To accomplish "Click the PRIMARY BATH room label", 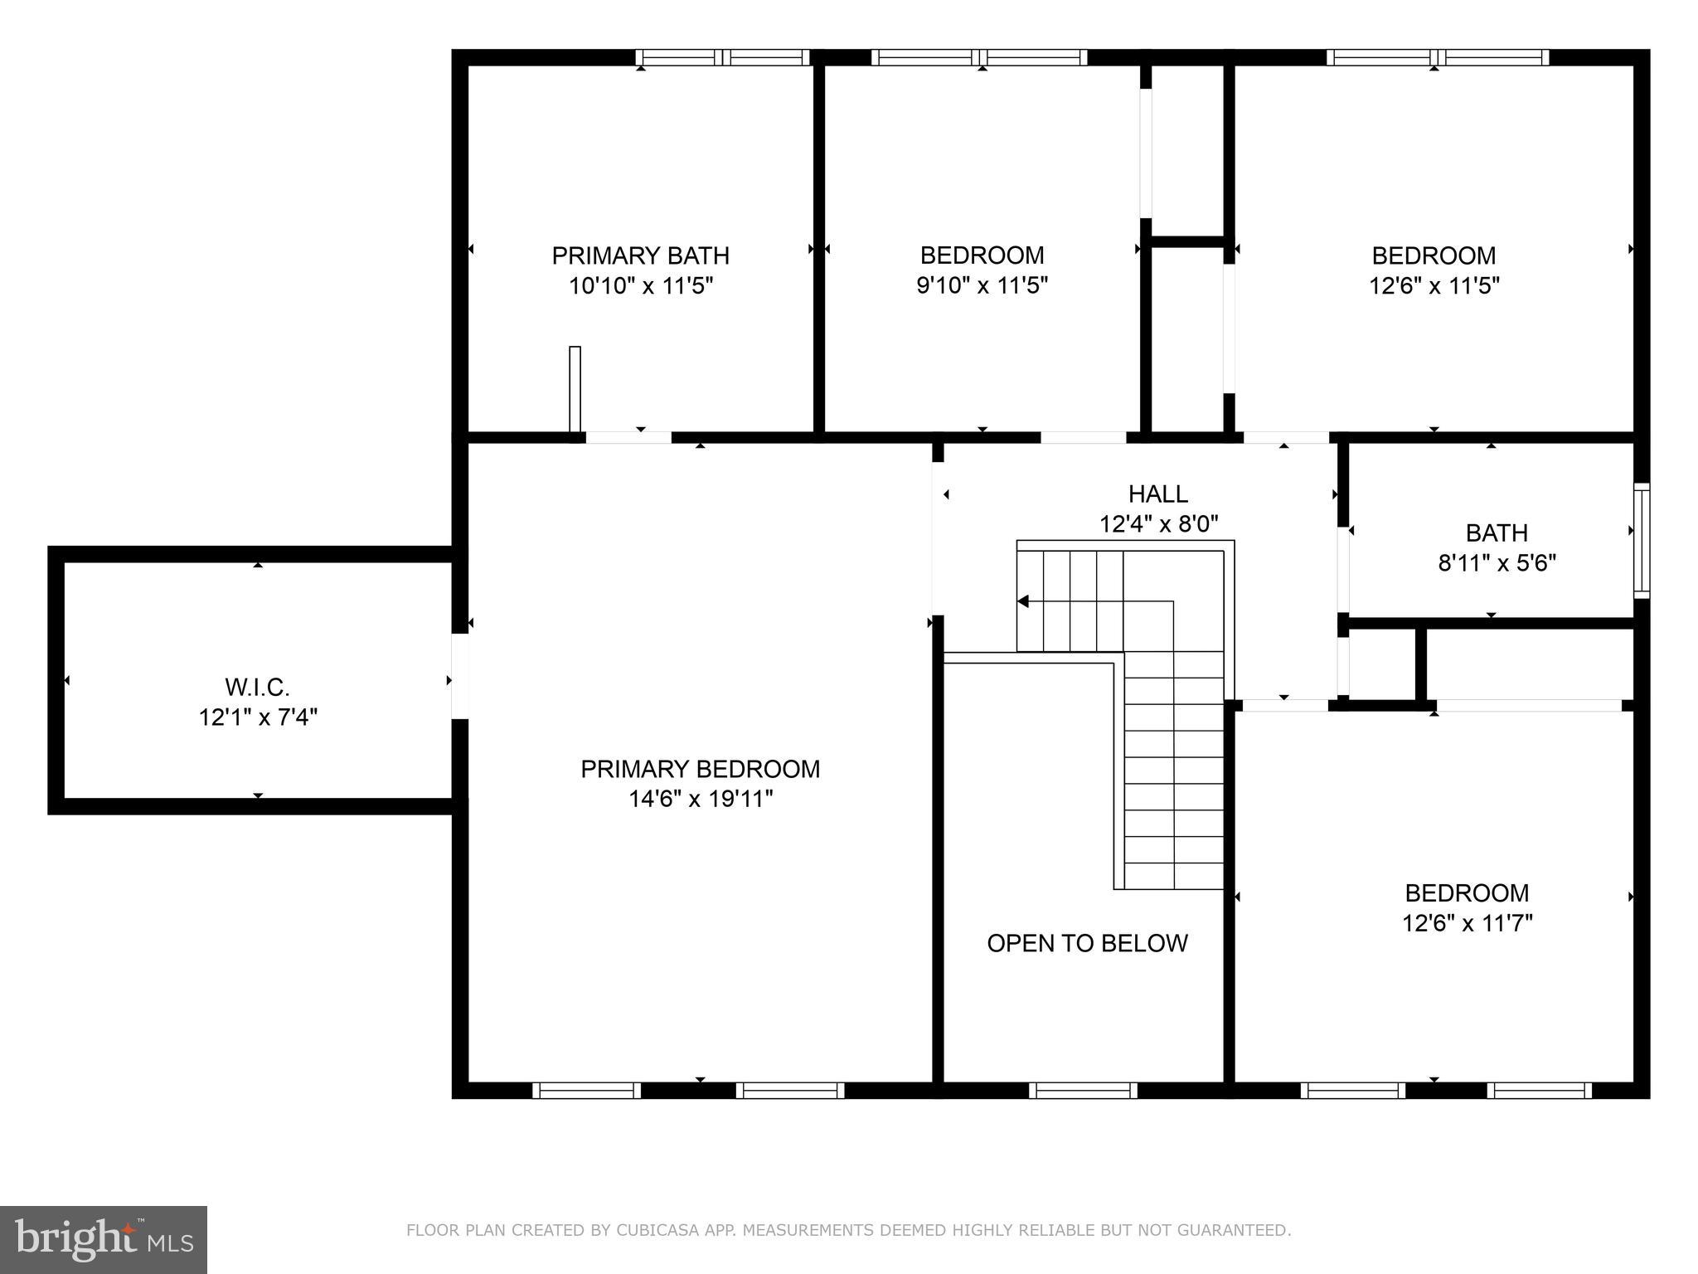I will (640, 255).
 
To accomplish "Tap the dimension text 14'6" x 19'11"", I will (701, 800).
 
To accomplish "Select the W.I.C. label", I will (257, 687).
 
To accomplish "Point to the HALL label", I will (1157, 494).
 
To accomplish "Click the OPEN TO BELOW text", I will (1087, 943).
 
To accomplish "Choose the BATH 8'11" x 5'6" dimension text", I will (1497, 564).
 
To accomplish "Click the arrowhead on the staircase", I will (1023, 601).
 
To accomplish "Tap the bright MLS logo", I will (104, 1240).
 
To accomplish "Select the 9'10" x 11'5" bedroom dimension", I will (982, 286).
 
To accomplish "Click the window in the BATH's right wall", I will (1641, 540).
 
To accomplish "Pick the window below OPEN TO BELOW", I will (1082, 1090).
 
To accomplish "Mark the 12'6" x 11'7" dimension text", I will (1467, 923).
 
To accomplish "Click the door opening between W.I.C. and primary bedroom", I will (459, 676).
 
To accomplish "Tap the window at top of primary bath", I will (722, 57).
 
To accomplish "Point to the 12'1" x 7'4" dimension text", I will (258, 717).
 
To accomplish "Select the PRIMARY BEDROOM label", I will (700, 770).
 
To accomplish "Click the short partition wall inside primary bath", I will (575, 388).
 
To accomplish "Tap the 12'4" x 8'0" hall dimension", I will (1158, 525).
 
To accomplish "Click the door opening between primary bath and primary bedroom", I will (628, 437).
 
